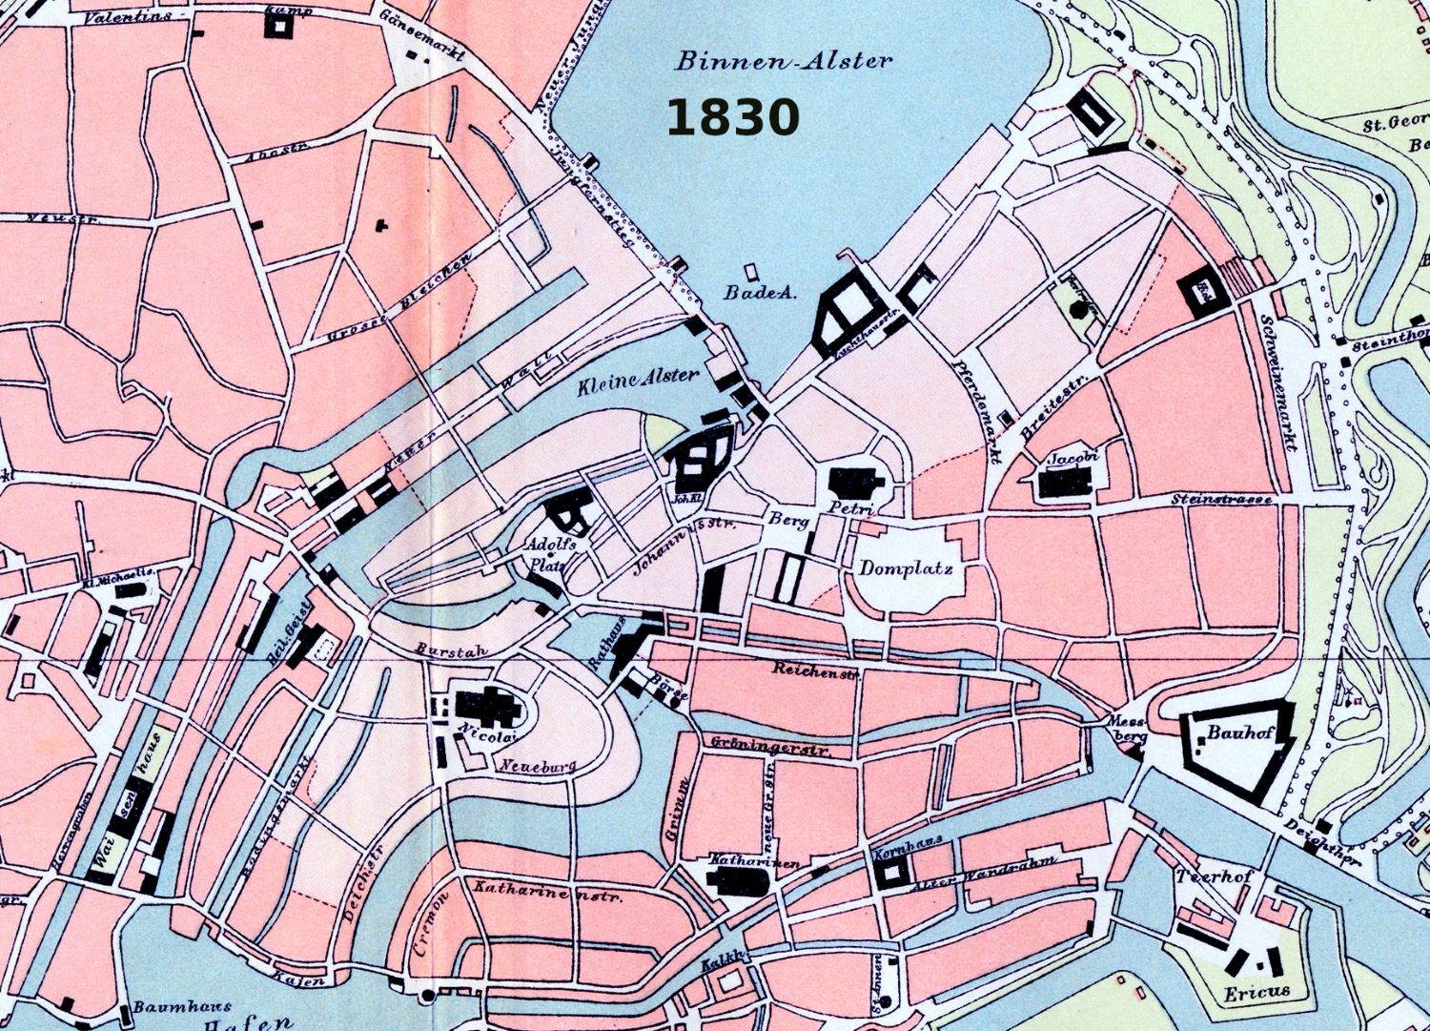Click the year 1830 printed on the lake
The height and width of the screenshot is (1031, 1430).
pyautogui.click(x=732, y=118)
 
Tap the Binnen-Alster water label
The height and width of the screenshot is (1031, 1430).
pyautogui.click(x=784, y=61)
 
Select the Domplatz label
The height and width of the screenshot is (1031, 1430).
pyautogui.click(x=906, y=568)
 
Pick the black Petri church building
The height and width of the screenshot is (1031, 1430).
pyautogui.click(x=855, y=483)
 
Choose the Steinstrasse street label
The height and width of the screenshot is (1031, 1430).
pyautogui.click(x=1221, y=499)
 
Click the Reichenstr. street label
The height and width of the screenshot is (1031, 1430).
pyautogui.click(x=816, y=670)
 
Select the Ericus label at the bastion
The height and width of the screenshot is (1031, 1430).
pyautogui.click(x=1256, y=993)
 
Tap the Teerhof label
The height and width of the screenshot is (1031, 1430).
pyautogui.click(x=1214, y=876)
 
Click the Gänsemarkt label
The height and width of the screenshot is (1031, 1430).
pyautogui.click(x=421, y=35)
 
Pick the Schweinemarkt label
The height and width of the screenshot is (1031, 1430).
pyautogui.click(x=1280, y=381)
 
